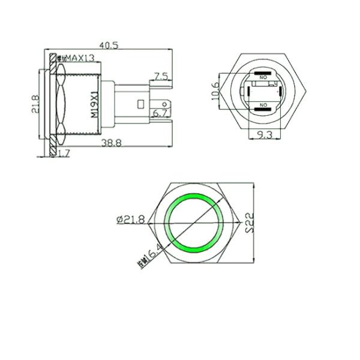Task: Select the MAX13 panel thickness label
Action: (79, 58)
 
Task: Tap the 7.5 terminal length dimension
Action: (160, 76)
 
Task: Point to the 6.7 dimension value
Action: (160, 113)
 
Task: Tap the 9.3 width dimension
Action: (262, 136)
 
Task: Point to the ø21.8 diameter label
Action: (131, 220)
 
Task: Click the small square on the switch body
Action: (140, 104)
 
